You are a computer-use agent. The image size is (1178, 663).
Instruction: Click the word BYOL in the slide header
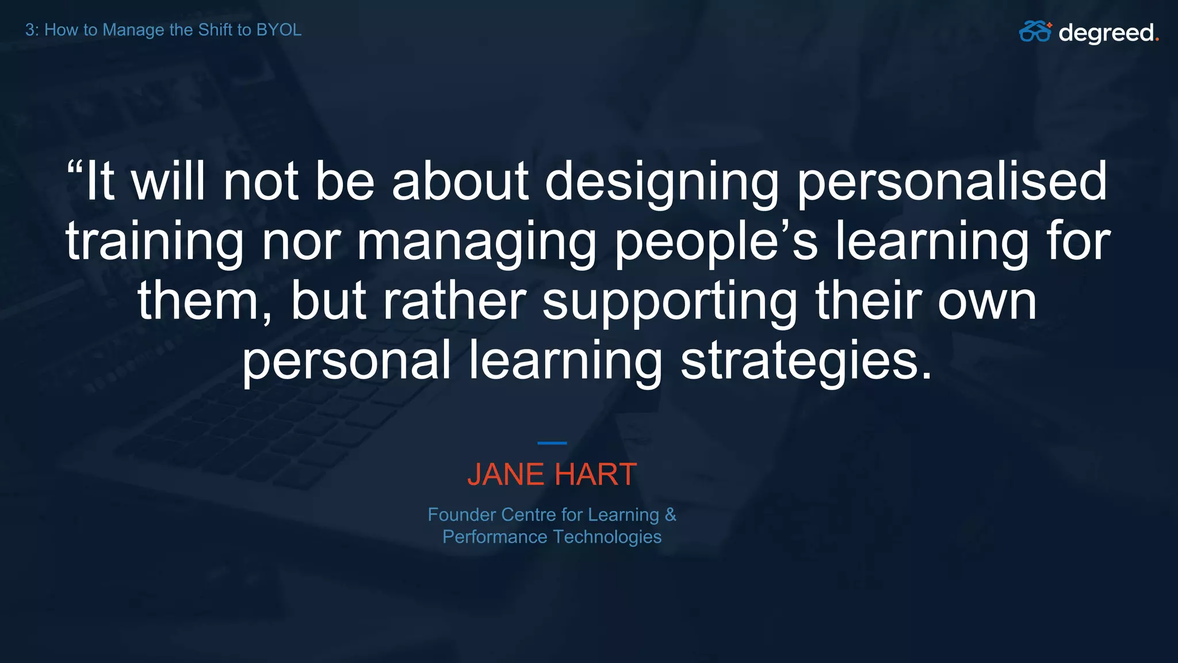[x=278, y=30]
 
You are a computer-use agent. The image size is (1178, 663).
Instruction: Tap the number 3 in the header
[x=30, y=30]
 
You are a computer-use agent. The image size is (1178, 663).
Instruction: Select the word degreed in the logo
[x=1106, y=33]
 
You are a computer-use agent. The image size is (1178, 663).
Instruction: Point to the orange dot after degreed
[x=1157, y=40]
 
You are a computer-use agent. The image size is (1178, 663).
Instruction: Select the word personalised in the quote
[x=952, y=183]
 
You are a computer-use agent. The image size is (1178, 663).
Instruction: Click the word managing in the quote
[x=477, y=243]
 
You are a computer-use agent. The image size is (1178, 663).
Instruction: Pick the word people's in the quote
[x=716, y=243]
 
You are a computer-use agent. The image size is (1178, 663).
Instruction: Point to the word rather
[x=454, y=302]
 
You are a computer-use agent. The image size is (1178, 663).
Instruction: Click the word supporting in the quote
[x=670, y=303]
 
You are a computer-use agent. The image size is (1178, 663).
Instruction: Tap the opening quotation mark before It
[x=75, y=169]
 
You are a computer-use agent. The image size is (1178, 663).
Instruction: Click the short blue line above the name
[x=552, y=443]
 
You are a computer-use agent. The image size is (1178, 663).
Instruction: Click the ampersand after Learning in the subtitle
[x=671, y=515]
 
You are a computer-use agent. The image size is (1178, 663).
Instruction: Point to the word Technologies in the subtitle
[x=607, y=537]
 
